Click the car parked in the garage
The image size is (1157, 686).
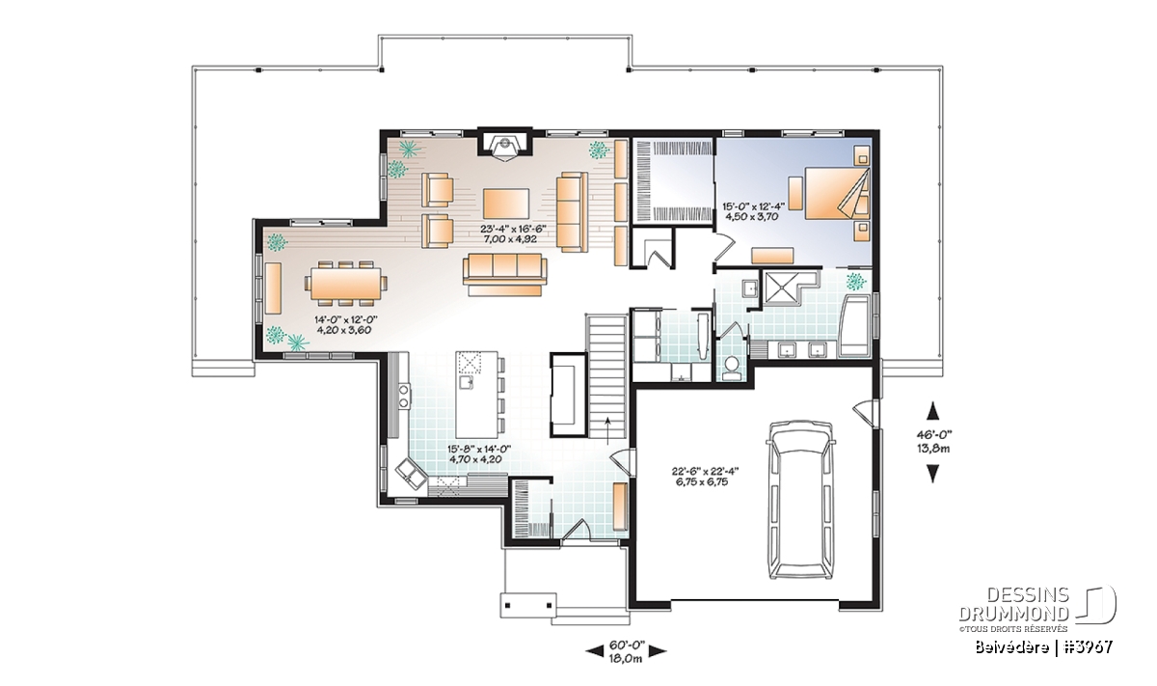801,500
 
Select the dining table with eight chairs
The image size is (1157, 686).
346,284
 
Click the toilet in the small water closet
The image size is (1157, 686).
731,367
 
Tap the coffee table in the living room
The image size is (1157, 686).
505,204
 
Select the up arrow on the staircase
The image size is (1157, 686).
607,430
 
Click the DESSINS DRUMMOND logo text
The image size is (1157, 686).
1013,603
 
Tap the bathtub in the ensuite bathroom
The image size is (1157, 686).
856,325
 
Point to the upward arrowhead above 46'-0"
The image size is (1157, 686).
933,411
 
